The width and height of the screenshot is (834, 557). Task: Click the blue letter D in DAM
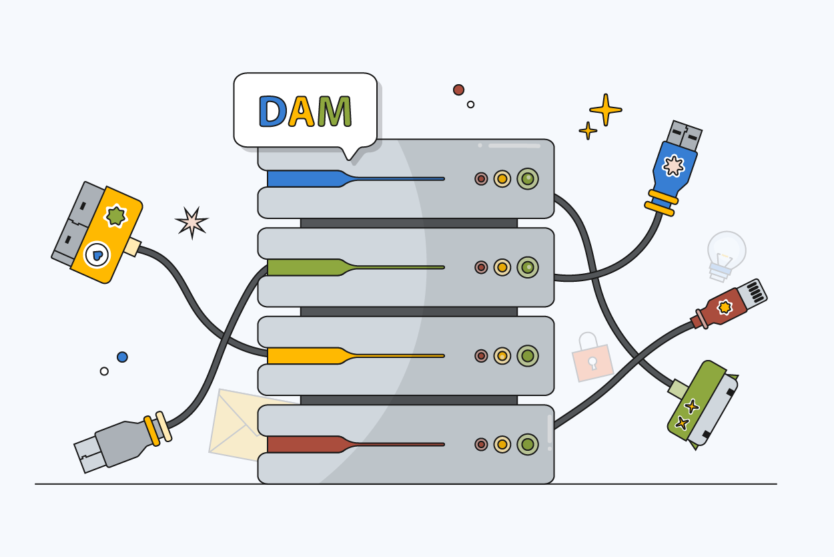(x=272, y=111)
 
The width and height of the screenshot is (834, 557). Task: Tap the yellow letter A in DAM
(x=302, y=111)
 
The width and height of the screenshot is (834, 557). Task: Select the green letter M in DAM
(x=334, y=111)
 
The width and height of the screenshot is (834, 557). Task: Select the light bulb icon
(x=725, y=252)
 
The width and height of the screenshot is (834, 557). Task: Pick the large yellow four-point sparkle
(x=605, y=110)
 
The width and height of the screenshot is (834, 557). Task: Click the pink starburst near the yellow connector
(x=191, y=222)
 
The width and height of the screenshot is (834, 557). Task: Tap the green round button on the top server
(x=527, y=179)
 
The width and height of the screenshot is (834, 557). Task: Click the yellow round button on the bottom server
(x=502, y=444)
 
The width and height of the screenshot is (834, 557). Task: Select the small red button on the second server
(x=481, y=267)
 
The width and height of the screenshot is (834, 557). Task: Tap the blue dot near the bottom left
(x=122, y=357)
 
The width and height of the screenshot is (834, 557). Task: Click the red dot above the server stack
(x=458, y=89)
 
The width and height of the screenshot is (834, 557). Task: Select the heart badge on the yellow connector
(x=97, y=254)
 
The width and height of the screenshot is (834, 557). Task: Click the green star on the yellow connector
(x=116, y=216)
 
